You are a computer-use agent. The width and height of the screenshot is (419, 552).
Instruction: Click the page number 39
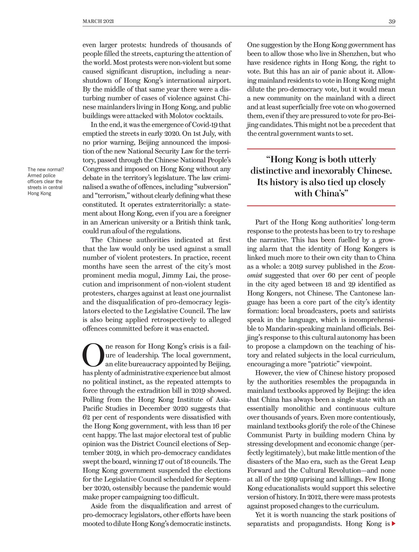point(392,22)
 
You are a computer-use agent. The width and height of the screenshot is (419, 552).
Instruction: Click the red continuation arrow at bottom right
point(393,524)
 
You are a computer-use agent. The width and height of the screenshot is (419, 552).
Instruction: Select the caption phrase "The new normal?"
point(45,169)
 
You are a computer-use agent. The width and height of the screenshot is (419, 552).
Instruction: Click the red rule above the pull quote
point(321,149)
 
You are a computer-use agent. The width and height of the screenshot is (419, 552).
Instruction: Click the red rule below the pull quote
point(321,206)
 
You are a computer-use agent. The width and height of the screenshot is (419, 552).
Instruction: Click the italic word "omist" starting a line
point(255,275)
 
